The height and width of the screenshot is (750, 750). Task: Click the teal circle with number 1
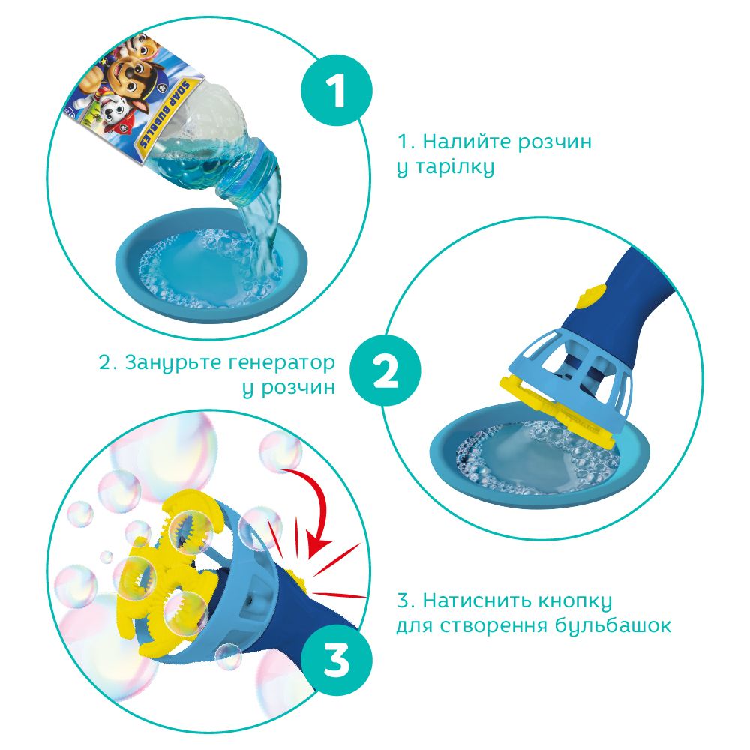[x=336, y=91]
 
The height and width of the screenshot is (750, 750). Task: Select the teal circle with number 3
[x=336, y=661]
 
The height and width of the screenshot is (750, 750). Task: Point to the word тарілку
[x=454, y=168]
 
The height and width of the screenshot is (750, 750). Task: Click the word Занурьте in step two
[x=169, y=364]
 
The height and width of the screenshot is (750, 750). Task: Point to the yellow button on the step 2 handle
[x=590, y=295]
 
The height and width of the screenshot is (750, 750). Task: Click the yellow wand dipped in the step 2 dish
[x=558, y=411]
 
